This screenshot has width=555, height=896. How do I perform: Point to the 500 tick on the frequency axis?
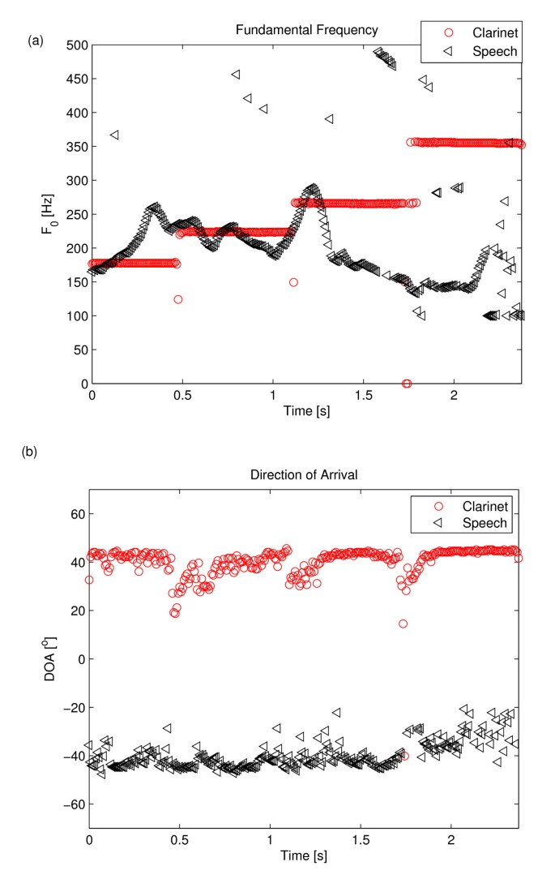click(75, 45)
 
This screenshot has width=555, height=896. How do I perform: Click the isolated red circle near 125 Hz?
click(178, 299)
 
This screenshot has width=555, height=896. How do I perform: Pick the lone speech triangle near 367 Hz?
click(115, 135)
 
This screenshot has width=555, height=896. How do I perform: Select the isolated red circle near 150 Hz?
click(293, 282)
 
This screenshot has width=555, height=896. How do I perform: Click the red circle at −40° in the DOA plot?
click(404, 756)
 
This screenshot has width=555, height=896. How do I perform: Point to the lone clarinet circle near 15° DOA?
click(403, 624)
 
